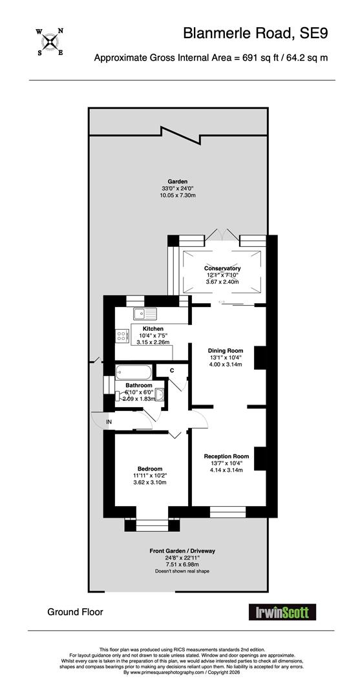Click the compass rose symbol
(x=50, y=42)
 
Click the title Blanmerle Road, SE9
(x=256, y=34)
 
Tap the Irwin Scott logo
(x=282, y=611)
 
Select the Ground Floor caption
(x=75, y=612)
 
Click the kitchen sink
(x=145, y=314)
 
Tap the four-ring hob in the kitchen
(x=121, y=335)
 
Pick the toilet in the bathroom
(x=120, y=396)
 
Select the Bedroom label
(x=150, y=469)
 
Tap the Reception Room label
(x=226, y=456)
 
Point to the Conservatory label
(x=222, y=268)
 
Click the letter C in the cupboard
(x=171, y=370)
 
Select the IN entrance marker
(x=109, y=421)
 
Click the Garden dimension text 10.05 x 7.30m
(x=177, y=195)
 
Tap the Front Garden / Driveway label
(x=182, y=551)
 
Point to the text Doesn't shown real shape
(x=182, y=571)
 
